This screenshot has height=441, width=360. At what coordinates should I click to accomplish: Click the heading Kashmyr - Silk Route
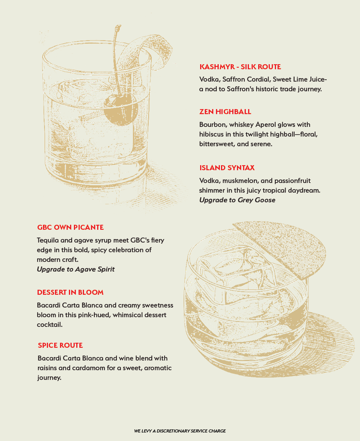(240, 67)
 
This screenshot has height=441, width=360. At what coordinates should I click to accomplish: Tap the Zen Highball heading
(225, 112)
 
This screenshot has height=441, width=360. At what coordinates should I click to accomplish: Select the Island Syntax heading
(227, 168)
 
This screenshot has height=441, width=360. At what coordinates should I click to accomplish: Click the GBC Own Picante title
(70, 227)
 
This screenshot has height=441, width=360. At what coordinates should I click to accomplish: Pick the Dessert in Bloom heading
(70, 292)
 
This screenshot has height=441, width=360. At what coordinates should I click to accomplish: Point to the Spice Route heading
(60, 345)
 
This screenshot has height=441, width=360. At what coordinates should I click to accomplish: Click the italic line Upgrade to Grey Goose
(237, 200)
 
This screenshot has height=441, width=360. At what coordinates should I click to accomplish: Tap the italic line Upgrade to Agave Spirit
(76, 269)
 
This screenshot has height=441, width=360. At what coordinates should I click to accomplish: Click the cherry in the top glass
(120, 110)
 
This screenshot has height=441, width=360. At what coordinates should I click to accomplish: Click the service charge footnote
(180, 431)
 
